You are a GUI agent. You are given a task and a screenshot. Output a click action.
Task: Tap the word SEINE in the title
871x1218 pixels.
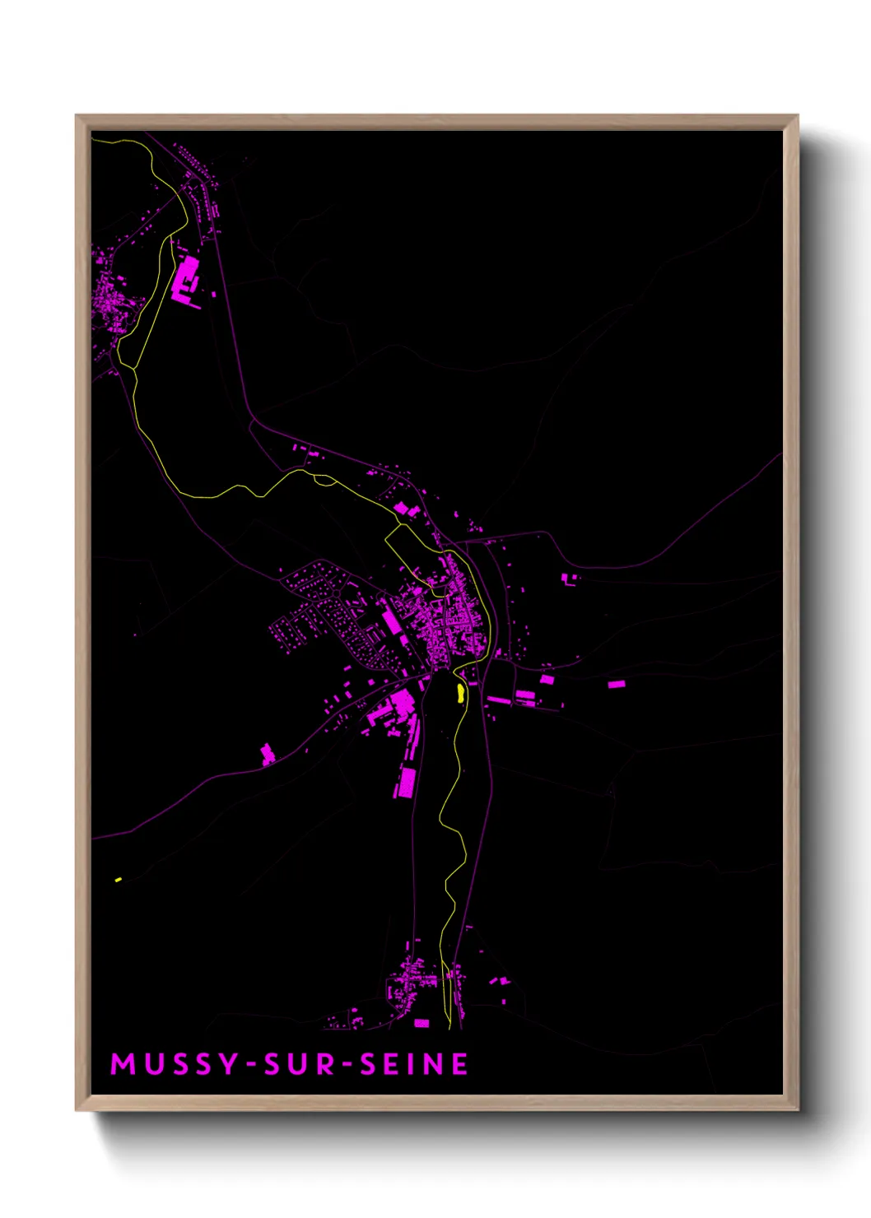(414, 1064)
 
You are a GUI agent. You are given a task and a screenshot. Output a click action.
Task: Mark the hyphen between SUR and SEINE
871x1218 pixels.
(347, 1065)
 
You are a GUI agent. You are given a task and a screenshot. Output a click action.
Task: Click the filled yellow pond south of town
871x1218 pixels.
(460, 693)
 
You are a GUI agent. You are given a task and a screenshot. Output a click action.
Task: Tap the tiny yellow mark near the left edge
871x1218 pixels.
(119, 880)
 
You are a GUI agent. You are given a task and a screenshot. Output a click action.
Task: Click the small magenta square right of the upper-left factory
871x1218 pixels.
(214, 294)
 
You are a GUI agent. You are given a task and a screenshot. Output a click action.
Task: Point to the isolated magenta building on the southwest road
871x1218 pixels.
(268, 753)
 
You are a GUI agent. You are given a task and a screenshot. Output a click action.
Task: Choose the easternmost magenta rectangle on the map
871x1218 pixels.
(616, 684)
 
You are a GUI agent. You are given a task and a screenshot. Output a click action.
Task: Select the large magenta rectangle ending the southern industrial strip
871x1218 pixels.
(405, 782)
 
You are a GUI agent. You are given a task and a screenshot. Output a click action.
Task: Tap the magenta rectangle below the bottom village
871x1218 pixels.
(422, 1023)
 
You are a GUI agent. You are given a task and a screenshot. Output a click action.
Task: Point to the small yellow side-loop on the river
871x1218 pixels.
(324, 480)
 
